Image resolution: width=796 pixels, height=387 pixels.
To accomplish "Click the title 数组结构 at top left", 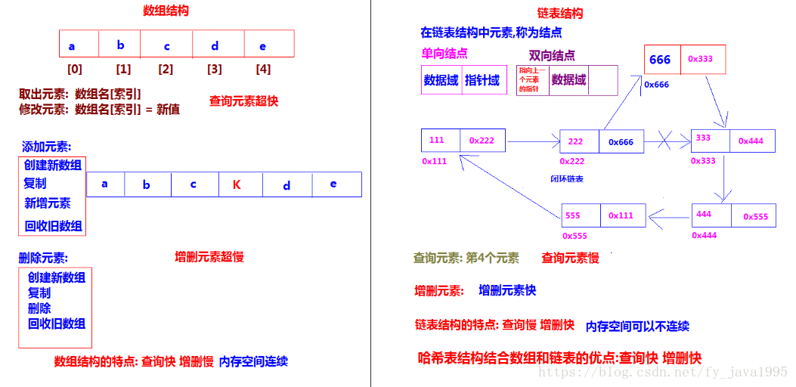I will click(x=166, y=11).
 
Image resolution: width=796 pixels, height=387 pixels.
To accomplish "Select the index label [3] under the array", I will click(x=215, y=69).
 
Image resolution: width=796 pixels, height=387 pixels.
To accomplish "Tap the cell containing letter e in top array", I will click(x=262, y=45).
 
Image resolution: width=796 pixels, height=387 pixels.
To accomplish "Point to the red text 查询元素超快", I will click(x=243, y=101).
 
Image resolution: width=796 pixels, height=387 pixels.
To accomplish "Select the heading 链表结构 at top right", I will click(x=559, y=14).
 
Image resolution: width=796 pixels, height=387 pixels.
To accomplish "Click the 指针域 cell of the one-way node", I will click(x=482, y=80).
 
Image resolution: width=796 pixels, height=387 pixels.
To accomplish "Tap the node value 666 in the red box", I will click(x=660, y=60).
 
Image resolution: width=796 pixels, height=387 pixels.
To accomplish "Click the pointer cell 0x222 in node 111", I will click(x=482, y=141).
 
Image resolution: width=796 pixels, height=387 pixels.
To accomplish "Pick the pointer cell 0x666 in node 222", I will click(x=621, y=141).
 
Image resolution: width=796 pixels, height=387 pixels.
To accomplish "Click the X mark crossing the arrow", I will click(x=666, y=140).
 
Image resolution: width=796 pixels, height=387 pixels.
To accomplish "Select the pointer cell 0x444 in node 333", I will click(x=751, y=141).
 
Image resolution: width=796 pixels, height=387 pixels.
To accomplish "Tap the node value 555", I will click(x=573, y=215).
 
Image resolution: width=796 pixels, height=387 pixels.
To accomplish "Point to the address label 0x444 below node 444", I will click(x=704, y=236).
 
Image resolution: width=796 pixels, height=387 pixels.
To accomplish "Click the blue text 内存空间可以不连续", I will click(x=637, y=327).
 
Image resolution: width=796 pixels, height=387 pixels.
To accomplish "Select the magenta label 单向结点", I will click(x=444, y=54).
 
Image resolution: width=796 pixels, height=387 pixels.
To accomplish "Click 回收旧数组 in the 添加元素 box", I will click(x=53, y=225).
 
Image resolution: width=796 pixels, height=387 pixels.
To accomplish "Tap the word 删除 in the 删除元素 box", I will click(x=39, y=308).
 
